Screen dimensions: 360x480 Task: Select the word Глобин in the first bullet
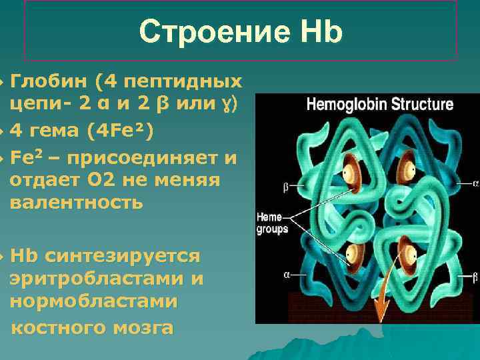[x=50, y=81]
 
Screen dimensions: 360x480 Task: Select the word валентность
[x=76, y=203]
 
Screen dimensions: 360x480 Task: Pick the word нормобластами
[x=93, y=301]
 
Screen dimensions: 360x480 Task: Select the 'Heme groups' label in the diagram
[x=273, y=223]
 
